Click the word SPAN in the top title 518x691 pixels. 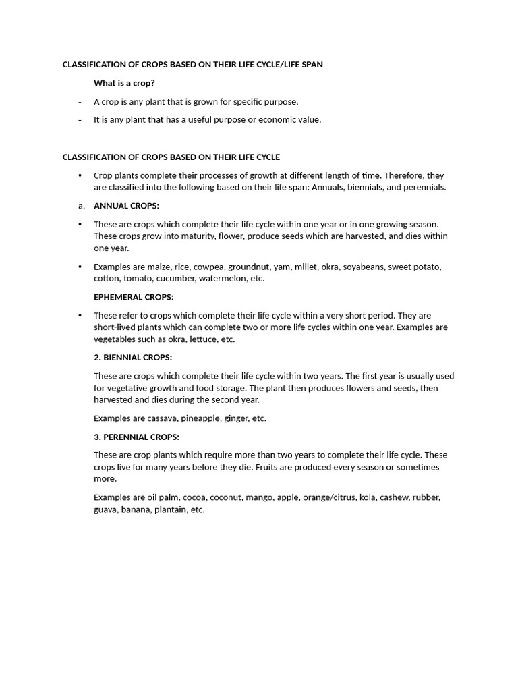click(x=312, y=65)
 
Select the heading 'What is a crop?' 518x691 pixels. click(x=124, y=83)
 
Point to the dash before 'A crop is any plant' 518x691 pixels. click(x=80, y=102)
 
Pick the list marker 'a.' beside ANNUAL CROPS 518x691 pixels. click(x=81, y=206)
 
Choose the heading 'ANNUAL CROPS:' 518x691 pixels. click(x=126, y=206)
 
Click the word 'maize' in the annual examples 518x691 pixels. click(x=159, y=267)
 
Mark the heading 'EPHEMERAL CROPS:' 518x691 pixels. click(x=134, y=297)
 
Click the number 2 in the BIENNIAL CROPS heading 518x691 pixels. click(x=96, y=358)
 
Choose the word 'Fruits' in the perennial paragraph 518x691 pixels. click(x=268, y=467)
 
